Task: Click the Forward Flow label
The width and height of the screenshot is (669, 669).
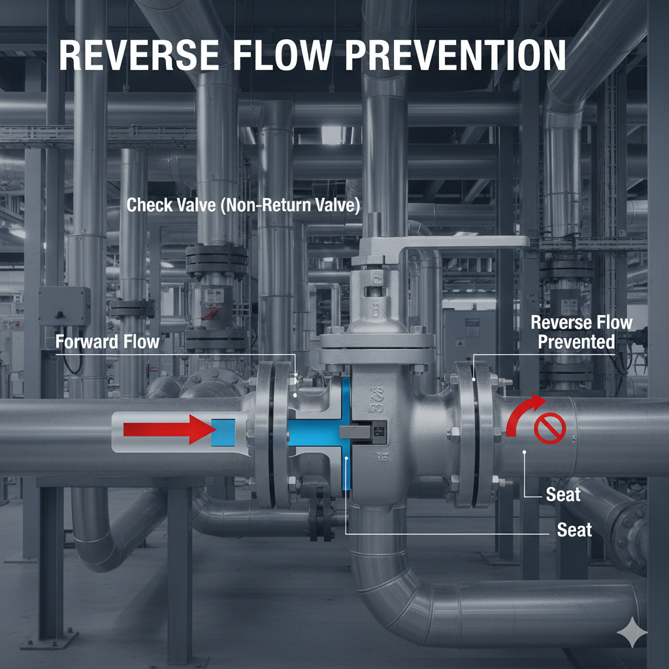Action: tap(108, 341)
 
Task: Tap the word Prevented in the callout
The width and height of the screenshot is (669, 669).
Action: tap(576, 341)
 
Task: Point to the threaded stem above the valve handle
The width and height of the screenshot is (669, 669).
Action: tap(374, 226)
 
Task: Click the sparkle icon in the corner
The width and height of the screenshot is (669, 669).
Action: tap(632, 633)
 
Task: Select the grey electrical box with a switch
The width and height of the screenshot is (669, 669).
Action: tap(64, 306)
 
